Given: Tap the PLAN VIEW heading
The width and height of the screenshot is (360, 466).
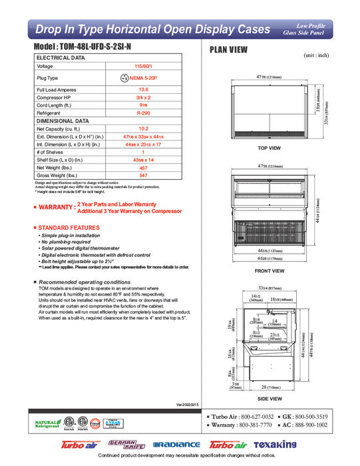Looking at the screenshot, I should (230, 50).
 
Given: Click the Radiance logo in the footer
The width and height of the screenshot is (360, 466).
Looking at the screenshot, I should (176, 444).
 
